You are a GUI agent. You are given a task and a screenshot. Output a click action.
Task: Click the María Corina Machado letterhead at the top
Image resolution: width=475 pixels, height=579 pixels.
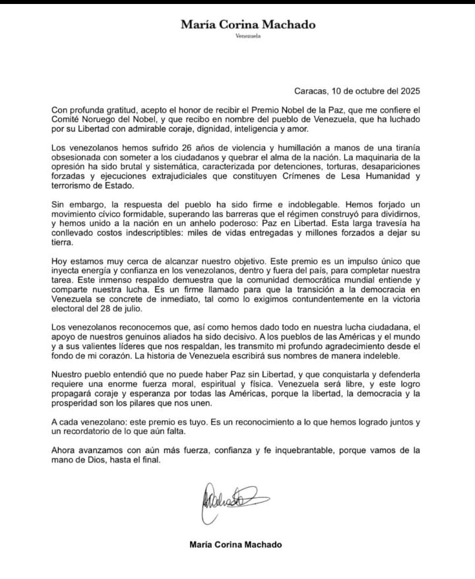click(x=247, y=25)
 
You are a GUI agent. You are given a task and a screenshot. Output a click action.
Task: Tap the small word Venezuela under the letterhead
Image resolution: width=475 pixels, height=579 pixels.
click(x=247, y=36)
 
